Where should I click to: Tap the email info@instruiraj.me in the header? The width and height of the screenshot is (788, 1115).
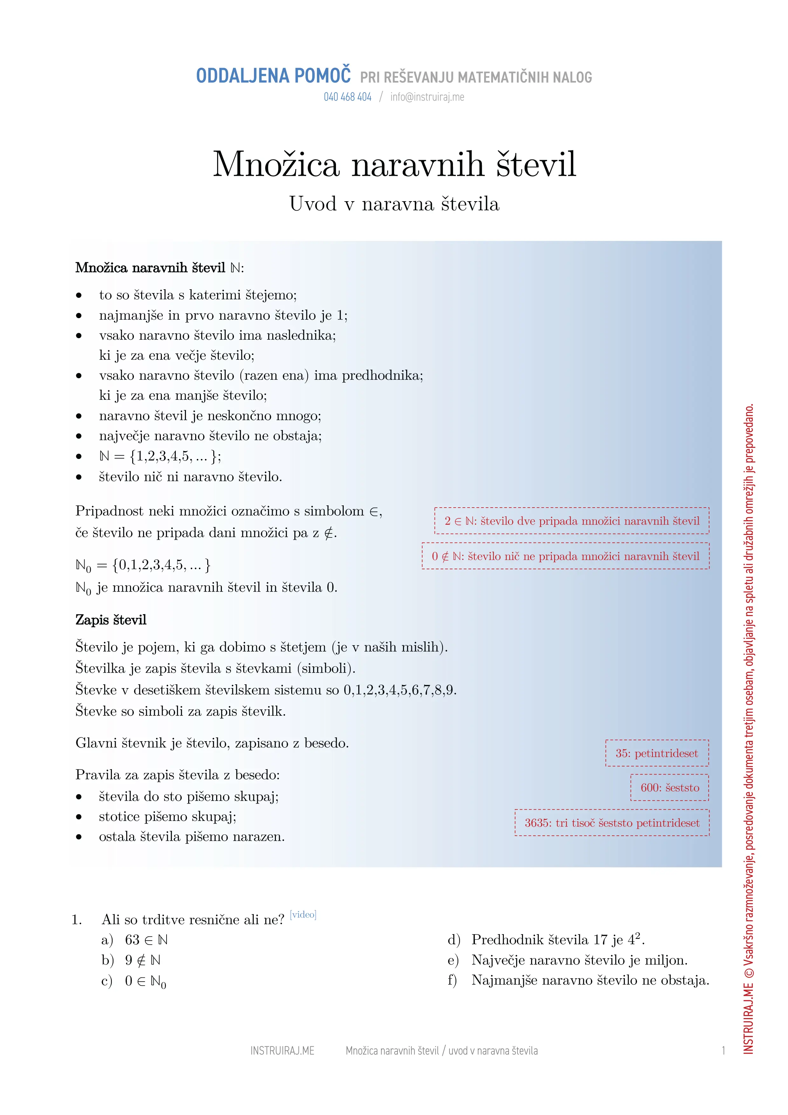[427, 97]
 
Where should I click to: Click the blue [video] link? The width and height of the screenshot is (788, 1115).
[303, 914]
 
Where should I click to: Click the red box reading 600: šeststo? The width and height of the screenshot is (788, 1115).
[669, 788]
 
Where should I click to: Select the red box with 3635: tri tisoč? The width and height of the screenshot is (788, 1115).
[612, 823]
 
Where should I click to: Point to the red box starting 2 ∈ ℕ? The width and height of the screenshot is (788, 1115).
[572, 521]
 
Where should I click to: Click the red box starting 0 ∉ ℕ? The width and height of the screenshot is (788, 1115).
[565, 556]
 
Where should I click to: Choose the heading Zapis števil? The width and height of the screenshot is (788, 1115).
[111, 620]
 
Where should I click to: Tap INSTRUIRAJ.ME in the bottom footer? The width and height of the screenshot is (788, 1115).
[282, 1051]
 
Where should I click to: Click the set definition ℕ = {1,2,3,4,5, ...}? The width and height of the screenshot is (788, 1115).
[160, 456]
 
